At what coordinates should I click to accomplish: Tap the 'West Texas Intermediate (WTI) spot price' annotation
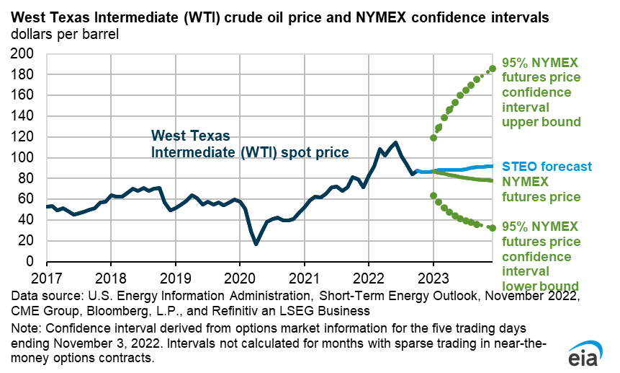point(249,144)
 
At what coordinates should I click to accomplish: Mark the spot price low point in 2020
point(256,244)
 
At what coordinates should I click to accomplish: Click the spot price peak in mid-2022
point(395,142)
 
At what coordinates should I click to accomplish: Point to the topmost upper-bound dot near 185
point(493,69)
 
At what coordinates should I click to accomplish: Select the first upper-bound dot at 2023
point(433,137)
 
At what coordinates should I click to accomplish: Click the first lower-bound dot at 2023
point(433,196)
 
